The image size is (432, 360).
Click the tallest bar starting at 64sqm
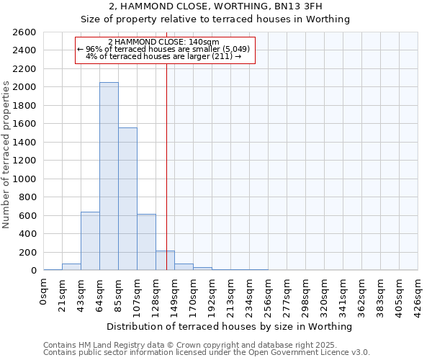coord(109,176)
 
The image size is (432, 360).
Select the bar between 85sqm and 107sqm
coord(127,199)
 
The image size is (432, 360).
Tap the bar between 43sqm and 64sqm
coord(90,241)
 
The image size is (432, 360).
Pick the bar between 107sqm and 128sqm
coord(146,242)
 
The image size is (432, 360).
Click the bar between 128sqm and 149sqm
coord(165,261)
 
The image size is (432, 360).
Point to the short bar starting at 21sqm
coord(71,266)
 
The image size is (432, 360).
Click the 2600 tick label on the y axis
coord(24,32)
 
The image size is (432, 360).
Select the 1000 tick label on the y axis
coord(24,179)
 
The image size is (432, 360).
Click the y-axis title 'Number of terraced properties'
coord(6,155)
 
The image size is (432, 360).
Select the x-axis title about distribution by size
coord(230,326)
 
